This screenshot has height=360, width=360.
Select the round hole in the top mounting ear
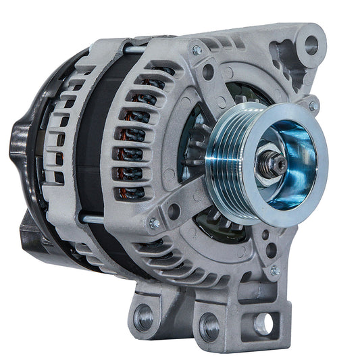click(311, 45)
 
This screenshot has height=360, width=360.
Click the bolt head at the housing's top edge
click(197, 50)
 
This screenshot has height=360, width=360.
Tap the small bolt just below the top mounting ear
click(313, 106)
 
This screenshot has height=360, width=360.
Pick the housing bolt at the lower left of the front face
click(155, 224)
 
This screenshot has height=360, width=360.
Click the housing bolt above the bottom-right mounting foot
click(275, 269)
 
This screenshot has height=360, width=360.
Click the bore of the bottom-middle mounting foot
click(210, 327)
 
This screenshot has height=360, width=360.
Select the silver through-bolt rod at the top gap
click(135, 49)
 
